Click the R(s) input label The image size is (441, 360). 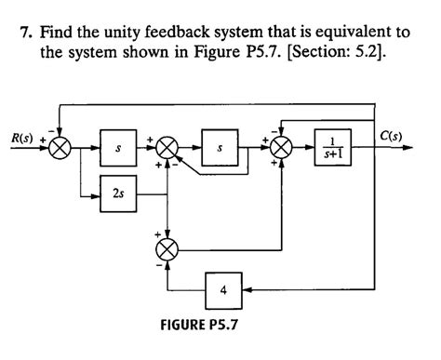[x=21, y=140]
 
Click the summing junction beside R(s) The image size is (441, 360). [x=60, y=148]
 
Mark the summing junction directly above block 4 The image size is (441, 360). [x=167, y=249]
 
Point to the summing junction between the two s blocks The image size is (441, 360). [x=167, y=148]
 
